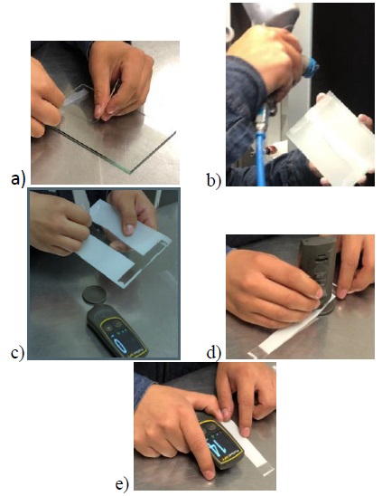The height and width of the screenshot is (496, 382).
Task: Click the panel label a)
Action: tap(18, 178)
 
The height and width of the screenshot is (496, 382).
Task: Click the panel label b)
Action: tap(214, 180)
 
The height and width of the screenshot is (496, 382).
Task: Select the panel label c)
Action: tap(17, 353)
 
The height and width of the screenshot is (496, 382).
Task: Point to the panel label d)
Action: tap(214, 352)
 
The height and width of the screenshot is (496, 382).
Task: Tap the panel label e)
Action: tap(122, 484)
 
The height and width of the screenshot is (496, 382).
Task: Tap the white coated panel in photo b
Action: tap(331, 139)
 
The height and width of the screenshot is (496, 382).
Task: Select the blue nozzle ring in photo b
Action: tap(311, 68)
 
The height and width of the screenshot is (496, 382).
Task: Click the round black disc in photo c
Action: tap(93, 295)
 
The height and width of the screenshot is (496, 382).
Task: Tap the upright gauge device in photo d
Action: tap(317, 273)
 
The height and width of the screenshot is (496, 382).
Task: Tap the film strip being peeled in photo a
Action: tap(76, 94)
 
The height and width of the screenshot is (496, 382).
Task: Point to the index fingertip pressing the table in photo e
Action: tap(209, 474)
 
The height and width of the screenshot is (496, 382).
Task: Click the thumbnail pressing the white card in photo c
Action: tap(128, 230)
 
